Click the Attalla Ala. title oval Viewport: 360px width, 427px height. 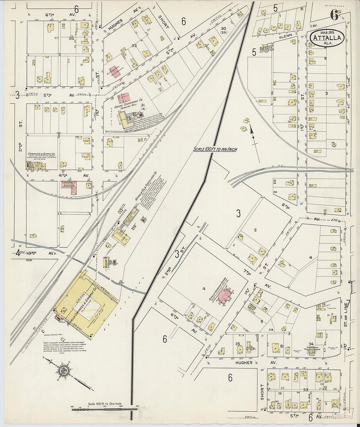click(x=327, y=39)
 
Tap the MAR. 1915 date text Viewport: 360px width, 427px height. click(x=327, y=33)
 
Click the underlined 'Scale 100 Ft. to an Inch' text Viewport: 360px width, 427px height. click(x=215, y=149)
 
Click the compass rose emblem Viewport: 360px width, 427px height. click(x=63, y=370)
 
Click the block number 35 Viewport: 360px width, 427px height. click(x=238, y=344)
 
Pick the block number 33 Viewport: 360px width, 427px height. click(x=306, y=389)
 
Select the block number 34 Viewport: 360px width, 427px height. click(x=311, y=344)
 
